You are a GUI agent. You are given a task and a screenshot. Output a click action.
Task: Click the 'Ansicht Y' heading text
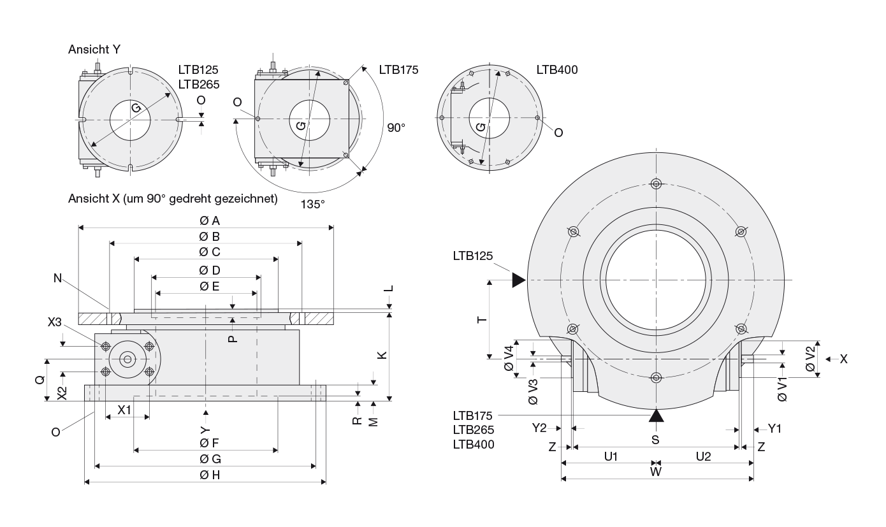(x=94, y=50)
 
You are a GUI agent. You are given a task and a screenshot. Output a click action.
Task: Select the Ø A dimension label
(x=209, y=220)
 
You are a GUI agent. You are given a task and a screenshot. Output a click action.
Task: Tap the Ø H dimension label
(x=209, y=475)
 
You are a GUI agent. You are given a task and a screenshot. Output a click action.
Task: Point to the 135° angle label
(x=313, y=204)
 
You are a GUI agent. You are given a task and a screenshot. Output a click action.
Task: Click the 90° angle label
(x=396, y=127)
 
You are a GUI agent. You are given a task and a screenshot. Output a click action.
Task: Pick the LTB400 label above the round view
(x=556, y=70)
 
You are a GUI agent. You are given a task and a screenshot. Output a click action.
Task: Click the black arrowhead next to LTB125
(x=518, y=280)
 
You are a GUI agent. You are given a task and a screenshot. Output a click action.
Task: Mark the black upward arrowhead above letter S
(x=656, y=415)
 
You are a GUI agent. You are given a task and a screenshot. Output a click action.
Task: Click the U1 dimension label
(x=611, y=456)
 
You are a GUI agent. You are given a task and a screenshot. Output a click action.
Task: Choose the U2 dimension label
(x=703, y=456)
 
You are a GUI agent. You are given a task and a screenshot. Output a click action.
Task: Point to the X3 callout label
(x=55, y=322)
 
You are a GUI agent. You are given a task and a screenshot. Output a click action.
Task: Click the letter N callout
(x=58, y=278)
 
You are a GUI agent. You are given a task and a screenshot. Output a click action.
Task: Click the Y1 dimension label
(x=774, y=429)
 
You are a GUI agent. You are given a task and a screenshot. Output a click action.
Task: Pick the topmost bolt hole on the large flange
(x=656, y=184)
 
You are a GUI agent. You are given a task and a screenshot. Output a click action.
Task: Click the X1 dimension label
(x=124, y=410)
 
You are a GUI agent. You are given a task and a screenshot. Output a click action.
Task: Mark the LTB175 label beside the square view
(x=398, y=70)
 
